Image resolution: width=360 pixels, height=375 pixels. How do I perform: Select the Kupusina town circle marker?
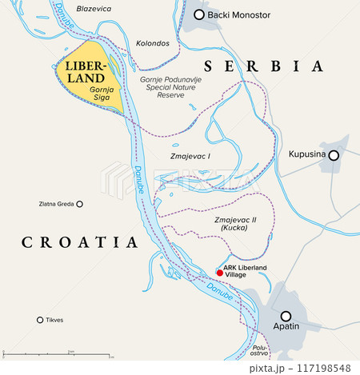(x=334, y=155)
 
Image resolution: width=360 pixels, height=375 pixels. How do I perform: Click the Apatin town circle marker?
(x=286, y=316)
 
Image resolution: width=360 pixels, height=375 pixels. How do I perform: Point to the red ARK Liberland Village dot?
(x=220, y=273)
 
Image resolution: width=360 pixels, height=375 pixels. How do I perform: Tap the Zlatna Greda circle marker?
(x=79, y=204)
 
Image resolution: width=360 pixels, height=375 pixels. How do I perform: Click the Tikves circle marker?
(x=40, y=321)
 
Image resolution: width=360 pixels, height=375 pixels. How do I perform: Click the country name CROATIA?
(x=80, y=241)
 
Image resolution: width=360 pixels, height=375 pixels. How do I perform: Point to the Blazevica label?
(x=94, y=8)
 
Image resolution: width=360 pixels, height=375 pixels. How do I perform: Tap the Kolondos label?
(x=152, y=42)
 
